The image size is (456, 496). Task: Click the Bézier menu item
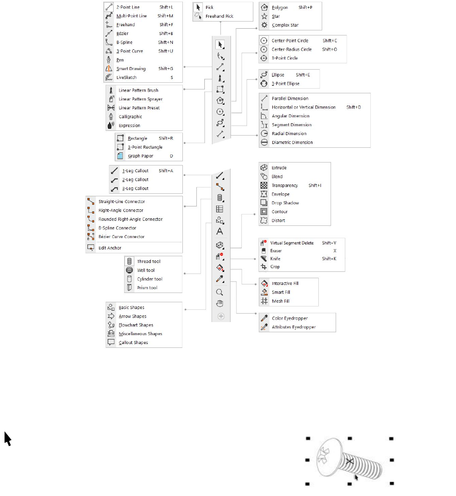coord(122,34)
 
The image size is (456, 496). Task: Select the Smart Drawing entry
coord(131,69)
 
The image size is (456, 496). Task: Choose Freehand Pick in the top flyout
coord(219,16)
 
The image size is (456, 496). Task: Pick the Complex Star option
coord(285,25)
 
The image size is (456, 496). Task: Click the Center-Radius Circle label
coord(291,49)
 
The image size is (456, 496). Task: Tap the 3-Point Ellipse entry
coord(285,84)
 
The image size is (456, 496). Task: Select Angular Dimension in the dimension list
coord(290,116)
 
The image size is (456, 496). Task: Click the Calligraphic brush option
coord(130,117)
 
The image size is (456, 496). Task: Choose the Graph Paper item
coord(141,156)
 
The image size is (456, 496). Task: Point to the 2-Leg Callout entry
coord(135,180)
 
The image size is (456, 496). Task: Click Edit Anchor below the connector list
coord(110,248)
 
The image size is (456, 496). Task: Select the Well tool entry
coord(146,271)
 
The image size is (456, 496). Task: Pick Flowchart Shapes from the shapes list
coord(136,325)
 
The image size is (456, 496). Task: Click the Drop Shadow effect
coord(285,203)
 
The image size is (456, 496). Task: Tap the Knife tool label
coord(275,259)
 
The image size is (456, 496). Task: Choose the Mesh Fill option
coord(280,301)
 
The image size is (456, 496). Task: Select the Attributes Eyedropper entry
coord(293,327)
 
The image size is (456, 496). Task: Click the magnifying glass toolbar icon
coord(220,292)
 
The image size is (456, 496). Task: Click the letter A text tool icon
coord(220,231)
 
